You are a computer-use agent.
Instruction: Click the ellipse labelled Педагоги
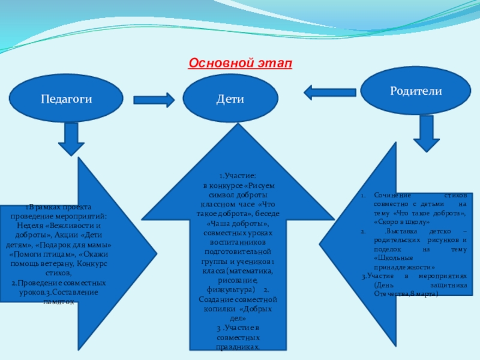tap(66, 99)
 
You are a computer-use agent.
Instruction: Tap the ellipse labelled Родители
tap(416, 91)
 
